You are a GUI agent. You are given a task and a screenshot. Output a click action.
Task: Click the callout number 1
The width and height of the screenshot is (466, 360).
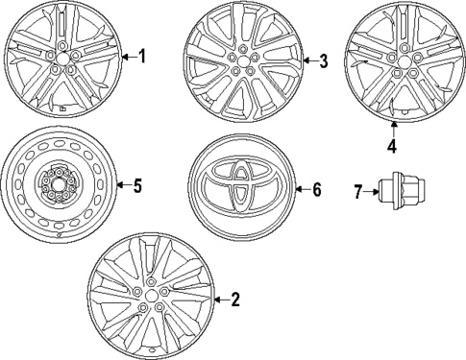click(142, 57)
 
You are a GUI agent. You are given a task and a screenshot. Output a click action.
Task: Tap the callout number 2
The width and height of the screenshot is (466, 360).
click(235, 300)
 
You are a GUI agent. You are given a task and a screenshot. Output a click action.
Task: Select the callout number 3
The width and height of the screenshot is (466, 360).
click(324, 62)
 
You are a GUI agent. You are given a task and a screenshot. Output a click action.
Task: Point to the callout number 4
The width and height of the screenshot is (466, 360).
click(392, 146)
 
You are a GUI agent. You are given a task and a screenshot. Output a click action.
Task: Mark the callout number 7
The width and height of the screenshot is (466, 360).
click(357, 193)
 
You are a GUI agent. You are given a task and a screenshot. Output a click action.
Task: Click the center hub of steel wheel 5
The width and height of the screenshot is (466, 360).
click(58, 183)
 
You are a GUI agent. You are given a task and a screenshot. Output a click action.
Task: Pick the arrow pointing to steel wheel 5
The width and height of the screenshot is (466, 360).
click(121, 185)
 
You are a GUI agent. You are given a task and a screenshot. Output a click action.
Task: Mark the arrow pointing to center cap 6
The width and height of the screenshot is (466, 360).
click(299, 189)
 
